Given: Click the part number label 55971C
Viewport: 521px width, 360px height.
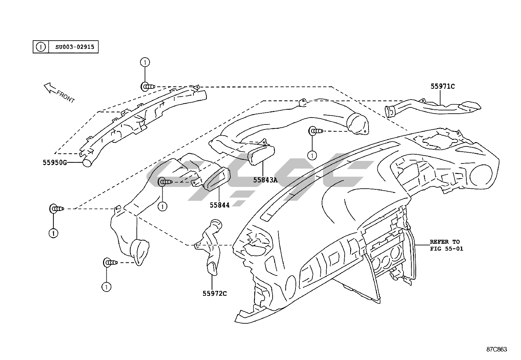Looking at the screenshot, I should click(x=442, y=86).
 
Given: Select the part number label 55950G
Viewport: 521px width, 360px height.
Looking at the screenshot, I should click(x=55, y=162).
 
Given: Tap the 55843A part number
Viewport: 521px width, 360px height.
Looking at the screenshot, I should click(x=265, y=180).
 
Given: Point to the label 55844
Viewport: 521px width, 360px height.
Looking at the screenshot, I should click(x=220, y=205).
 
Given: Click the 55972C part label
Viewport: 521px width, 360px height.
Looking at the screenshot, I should click(x=214, y=293).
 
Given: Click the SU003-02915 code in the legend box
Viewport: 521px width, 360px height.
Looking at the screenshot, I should click(x=75, y=47).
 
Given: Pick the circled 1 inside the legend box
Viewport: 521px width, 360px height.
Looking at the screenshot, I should click(x=40, y=47).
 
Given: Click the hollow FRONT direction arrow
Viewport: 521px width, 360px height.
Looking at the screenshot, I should click(x=50, y=87).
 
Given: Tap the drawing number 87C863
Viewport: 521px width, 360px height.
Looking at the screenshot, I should click(x=496, y=349).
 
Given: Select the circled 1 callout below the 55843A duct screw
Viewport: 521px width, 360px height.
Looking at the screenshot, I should click(x=312, y=155).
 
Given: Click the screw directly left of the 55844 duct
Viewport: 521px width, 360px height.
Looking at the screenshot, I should click(x=165, y=182).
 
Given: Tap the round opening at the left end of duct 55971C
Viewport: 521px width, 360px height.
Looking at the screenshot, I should click(x=389, y=111).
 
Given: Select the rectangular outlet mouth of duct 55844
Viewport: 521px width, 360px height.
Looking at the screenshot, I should click(x=216, y=179).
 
